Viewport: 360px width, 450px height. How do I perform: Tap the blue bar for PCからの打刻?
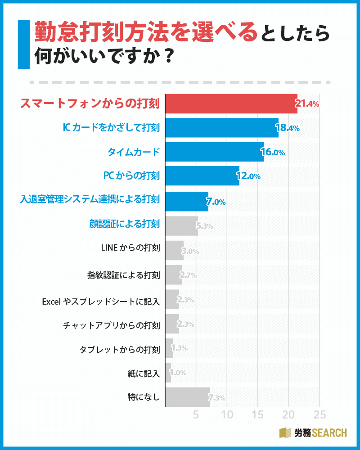[x=202, y=176]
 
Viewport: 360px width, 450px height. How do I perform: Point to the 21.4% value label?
[x=307, y=104]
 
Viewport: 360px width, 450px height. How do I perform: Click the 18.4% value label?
[x=288, y=129]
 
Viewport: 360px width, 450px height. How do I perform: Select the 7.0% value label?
[x=216, y=202]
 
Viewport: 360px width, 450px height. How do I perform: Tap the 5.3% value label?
[x=205, y=226]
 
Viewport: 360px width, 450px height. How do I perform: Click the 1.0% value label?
[x=178, y=373]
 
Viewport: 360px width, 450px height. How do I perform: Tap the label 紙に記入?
[x=144, y=373]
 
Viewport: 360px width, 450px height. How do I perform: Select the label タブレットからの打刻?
[x=119, y=348]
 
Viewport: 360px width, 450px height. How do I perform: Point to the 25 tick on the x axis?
[x=319, y=414]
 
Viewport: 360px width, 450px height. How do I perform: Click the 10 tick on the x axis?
[x=227, y=414]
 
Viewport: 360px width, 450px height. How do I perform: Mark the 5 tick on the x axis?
[x=196, y=414]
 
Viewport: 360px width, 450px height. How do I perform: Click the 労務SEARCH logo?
[x=313, y=432]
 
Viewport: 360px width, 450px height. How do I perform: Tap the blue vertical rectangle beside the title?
[x=23, y=44]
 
